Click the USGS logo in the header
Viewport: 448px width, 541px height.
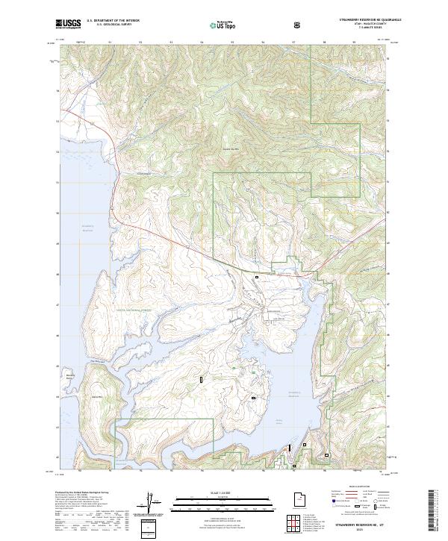tap(69, 24)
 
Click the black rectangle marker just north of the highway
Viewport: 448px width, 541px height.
tap(257, 277)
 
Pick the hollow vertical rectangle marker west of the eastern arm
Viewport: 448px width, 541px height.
tap(201, 380)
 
